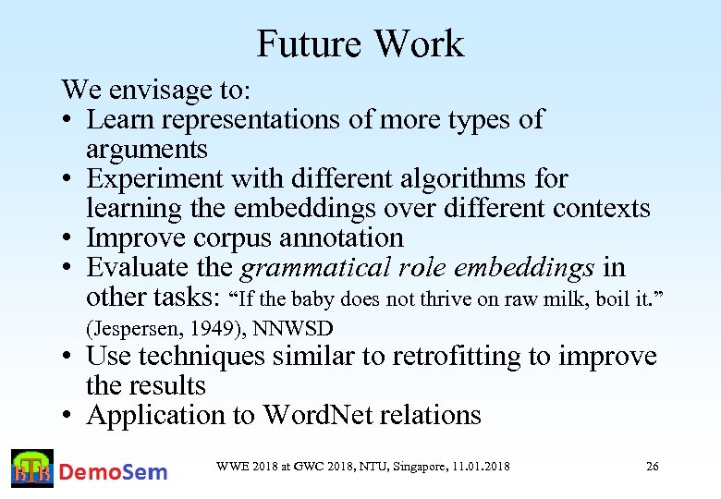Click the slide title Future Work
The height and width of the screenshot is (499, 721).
(x=360, y=43)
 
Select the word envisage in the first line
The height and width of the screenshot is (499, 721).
(x=153, y=91)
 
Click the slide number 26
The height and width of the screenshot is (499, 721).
(x=652, y=467)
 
